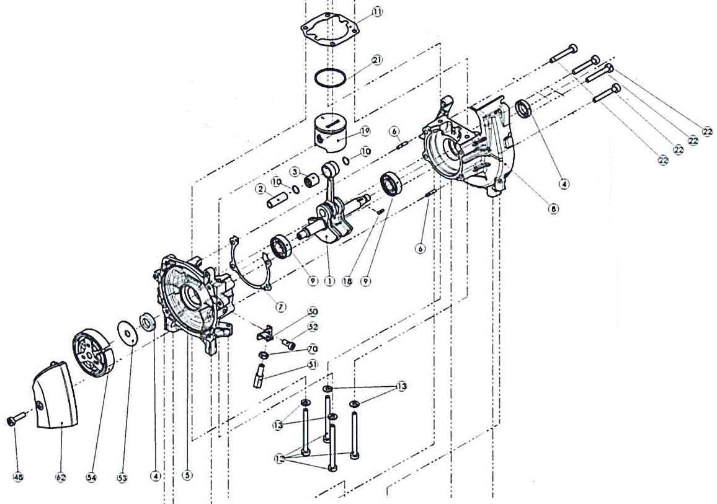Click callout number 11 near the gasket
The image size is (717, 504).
[x=377, y=12]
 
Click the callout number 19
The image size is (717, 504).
[x=365, y=131]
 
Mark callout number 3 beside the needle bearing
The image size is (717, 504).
[x=295, y=171]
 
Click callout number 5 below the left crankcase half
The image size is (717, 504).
[x=187, y=475]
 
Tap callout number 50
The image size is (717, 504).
[x=313, y=311]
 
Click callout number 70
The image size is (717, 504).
[x=313, y=349]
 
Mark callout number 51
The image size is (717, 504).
[x=313, y=365]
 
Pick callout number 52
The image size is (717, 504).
[x=313, y=327]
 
